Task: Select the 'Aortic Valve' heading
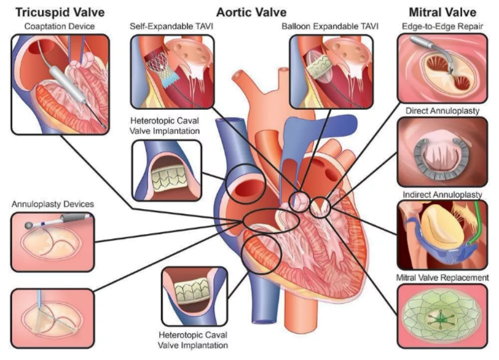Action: pos(251,11)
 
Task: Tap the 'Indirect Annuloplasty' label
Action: pos(443,195)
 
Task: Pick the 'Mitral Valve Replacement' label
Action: pos(442,278)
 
